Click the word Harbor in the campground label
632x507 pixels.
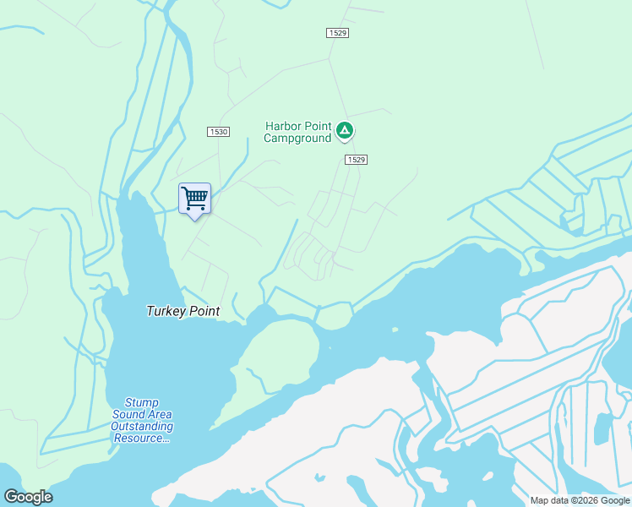click(x=282, y=126)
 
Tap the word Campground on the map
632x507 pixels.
click(x=297, y=139)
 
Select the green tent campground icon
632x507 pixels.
click(x=345, y=130)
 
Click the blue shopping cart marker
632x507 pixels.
click(x=195, y=199)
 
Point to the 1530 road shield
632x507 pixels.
click(x=218, y=132)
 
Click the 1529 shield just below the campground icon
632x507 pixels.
click(x=357, y=160)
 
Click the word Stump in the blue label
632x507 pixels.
click(x=141, y=403)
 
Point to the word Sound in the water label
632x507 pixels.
click(x=131, y=415)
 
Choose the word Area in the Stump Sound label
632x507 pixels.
click(x=160, y=415)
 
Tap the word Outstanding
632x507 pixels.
click(x=142, y=427)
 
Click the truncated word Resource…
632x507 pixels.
click(x=142, y=439)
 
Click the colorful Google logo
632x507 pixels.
click(x=28, y=497)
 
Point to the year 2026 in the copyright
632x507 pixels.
click(x=587, y=500)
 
